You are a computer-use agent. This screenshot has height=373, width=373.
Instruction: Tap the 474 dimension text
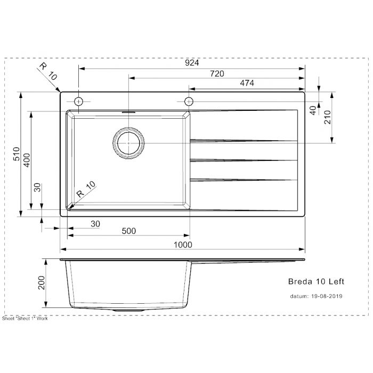coord(246,83)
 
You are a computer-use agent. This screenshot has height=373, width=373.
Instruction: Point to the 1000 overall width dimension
coord(182,244)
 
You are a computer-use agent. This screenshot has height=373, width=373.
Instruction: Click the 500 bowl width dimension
coord(128,231)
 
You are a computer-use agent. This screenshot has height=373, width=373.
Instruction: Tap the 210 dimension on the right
coord(327,117)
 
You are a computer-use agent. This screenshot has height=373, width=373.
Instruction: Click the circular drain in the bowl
coord(128,143)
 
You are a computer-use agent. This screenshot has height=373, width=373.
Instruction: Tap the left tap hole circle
coord(79,101)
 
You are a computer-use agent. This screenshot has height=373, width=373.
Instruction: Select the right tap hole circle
coord(188,101)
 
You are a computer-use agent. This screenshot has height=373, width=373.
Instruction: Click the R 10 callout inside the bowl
coord(85,189)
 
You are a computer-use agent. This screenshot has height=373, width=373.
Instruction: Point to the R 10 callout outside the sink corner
coord(47,71)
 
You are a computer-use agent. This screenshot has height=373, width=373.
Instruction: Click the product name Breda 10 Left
coord(312,281)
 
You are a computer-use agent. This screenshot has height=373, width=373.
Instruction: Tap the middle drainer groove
coord(242,160)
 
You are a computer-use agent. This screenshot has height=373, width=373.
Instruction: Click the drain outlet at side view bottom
coord(128,310)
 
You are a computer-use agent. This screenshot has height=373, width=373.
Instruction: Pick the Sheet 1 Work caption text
coord(25,318)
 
